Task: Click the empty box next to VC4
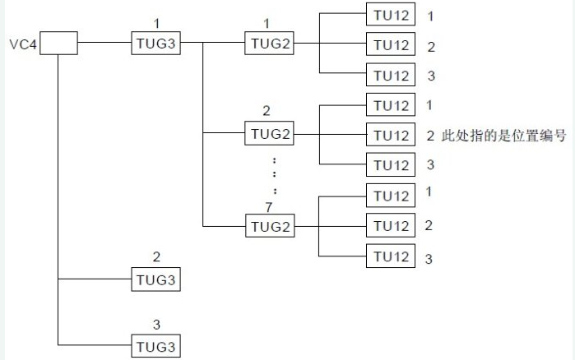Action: tap(59, 44)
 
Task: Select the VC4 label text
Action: tap(21, 44)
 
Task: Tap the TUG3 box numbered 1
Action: tap(155, 44)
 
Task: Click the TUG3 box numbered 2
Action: tap(155, 279)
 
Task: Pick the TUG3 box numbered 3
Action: tap(155, 345)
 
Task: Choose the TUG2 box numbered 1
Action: tap(269, 44)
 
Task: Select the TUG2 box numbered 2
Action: tap(269, 135)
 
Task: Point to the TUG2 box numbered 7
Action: tap(269, 225)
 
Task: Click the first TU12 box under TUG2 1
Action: tap(391, 15)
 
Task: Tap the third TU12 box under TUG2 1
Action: tap(391, 75)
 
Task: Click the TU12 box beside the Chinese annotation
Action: tap(391, 135)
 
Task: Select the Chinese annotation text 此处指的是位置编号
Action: tap(504, 136)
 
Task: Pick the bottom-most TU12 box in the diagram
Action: tap(391, 256)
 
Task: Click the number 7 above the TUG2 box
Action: tap(268, 207)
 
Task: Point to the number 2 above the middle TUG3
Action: tap(155, 258)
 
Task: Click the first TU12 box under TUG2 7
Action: tap(391, 196)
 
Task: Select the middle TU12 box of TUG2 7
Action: tap(391, 225)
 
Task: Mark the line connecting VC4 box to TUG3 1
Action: tap(104, 44)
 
